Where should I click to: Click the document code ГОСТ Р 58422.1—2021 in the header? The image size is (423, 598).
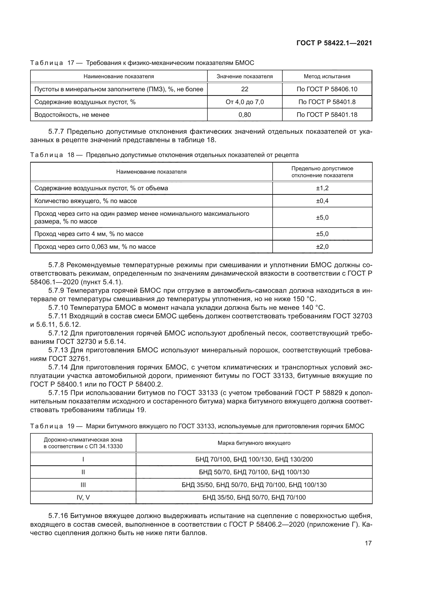(x=334, y=43)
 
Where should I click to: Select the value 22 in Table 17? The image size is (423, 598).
(x=244, y=89)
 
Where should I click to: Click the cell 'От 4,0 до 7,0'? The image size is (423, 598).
(x=244, y=102)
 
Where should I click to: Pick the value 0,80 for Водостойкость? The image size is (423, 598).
(x=244, y=115)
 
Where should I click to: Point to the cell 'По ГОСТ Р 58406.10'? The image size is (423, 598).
(x=327, y=89)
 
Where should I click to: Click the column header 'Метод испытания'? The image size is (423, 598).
(x=327, y=76)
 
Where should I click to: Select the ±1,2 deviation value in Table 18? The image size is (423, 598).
(x=322, y=188)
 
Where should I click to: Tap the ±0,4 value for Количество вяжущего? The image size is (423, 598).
(x=322, y=201)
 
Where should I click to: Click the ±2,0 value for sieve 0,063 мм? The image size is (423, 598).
(x=322, y=246)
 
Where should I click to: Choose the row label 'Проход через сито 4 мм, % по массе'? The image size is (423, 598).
(x=89, y=234)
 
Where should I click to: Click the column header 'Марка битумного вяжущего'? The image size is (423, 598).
(x=254, y=443)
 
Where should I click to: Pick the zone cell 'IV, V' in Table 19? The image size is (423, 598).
(x=83, y=498)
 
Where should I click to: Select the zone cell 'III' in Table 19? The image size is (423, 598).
(x=83, y=485)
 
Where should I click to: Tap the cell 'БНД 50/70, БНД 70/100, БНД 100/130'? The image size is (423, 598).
(x=254, y=472)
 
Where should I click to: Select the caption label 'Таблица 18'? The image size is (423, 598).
(x=52, y=155)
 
